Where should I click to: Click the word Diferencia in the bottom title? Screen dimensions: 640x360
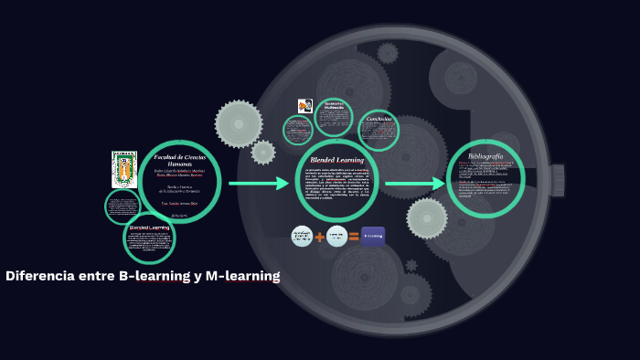pyautogui.click(x=39, y=276)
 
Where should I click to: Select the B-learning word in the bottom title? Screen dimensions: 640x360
pyautogui.click(x=154, y=276)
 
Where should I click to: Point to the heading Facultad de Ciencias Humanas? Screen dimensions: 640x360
pyautogui.click(x=179, y=160)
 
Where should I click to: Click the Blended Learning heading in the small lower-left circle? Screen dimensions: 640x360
pyautogui.click(x=149, y=227)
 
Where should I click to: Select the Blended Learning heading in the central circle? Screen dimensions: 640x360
pyautogui.click(x=337, y=160)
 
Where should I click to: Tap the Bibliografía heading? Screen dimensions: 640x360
pyautogui.click(x=485, y=156)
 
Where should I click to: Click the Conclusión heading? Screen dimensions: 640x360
pyautogui.click(x=379, y=120)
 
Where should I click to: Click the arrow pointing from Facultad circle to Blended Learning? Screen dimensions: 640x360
pyautogui.click(x=258, y=184)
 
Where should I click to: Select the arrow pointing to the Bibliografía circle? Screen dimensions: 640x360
pyautogui.click(x=414, y=184)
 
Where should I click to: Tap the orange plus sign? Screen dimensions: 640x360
pyautogui.click(x=320, y=238)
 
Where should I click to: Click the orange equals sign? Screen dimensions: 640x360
pyautogui.click(x=353, y=238)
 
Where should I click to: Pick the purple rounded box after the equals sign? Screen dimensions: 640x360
pyautogui.click(x=372, y=237)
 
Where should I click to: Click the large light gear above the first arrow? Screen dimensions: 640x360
pyautogui.click(x=238, y=123)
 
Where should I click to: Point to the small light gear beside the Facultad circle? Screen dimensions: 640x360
pyautogui.click(x=263, y=152)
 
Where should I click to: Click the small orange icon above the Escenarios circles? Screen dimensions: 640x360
pyautogui.click(x=304, y=106)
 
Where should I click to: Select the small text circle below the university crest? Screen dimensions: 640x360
pyautogui.click(x=121, y=206)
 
